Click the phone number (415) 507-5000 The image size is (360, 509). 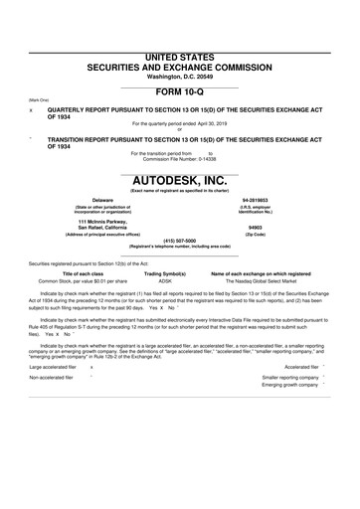point(180,240)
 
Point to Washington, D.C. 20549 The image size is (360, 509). point(180,49)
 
